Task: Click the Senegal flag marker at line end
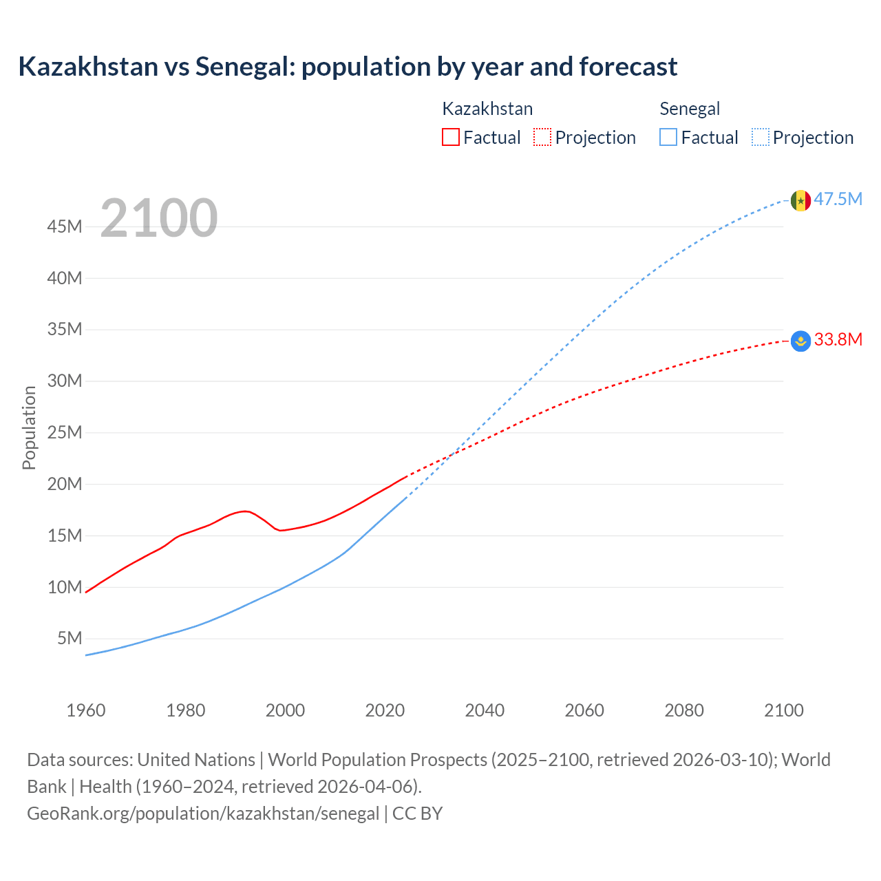tap(800, 200)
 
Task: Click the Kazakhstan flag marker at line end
tap(800, 341)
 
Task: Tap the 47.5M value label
tap(838, 200)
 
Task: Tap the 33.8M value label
tap(838, 339)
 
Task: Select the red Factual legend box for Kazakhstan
tap(450, 137)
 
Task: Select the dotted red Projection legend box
tap(542, 137)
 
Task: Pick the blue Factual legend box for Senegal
tap(668, 137)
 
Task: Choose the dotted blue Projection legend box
tap(760, 137)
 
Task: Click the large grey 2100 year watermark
tap(159, 218)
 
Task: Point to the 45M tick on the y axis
tap(65, 226)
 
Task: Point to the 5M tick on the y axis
tap(70, 638)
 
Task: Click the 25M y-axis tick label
tap(65, 432)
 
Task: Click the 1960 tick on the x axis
tap(86, 710)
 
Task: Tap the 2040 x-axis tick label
tap(485, 710)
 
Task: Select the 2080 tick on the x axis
tap(684, 710)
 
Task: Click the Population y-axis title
tap(29, 427)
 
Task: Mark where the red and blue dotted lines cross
tap(451, 455)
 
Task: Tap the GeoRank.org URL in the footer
tap(203, 813)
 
